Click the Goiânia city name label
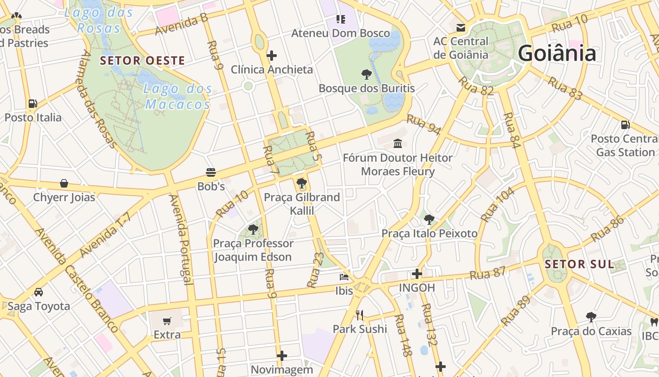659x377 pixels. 557,53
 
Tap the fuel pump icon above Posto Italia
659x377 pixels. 32,104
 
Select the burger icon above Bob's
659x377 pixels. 210,172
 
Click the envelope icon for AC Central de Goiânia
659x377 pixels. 460,28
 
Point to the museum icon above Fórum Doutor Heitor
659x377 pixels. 398,143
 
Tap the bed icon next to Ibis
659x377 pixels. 344,277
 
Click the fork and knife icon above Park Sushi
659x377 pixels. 360,315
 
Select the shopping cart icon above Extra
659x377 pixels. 167,321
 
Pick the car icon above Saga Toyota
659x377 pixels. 39,292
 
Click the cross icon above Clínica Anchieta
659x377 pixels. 271,56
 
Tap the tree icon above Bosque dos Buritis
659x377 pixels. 366,74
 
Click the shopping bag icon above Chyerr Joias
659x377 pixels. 64,183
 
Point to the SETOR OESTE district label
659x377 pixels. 142,61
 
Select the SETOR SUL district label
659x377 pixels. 579,264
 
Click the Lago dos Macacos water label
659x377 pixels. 177,96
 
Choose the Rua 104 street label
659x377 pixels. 498,205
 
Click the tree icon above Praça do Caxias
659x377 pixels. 591,317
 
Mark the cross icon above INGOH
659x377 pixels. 417,273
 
